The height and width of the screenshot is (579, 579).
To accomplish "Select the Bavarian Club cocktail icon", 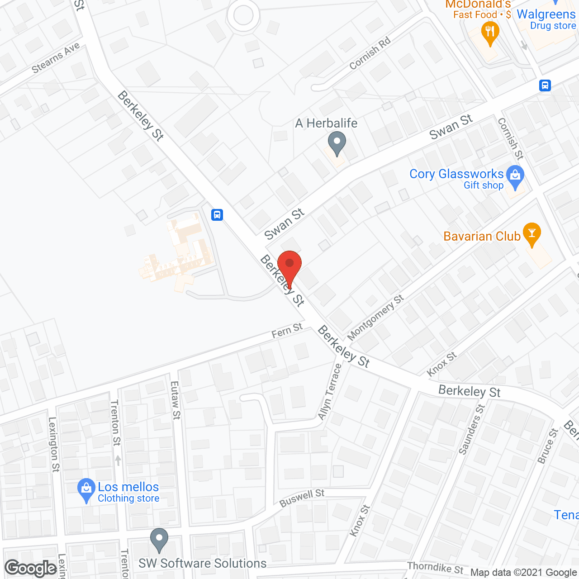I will point(532,233).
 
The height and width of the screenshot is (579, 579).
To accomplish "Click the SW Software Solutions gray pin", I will point(159,539).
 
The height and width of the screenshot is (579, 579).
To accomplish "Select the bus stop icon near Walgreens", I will point(545,85).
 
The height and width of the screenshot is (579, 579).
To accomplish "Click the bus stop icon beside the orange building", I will point(217,214).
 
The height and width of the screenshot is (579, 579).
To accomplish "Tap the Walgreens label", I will point(546,14).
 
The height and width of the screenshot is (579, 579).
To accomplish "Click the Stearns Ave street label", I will point(56,57).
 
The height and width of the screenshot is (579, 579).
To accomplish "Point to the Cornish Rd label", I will point(370,54).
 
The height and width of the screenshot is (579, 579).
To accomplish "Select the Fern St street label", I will point(287,331).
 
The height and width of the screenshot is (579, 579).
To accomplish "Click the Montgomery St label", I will point(375,317).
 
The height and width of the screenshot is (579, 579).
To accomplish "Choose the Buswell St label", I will point(302,498).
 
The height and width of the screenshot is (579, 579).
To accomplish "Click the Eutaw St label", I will point(176,400).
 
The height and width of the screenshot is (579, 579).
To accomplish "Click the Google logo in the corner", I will point(31,568).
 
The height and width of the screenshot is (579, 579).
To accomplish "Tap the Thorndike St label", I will point(435,568).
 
